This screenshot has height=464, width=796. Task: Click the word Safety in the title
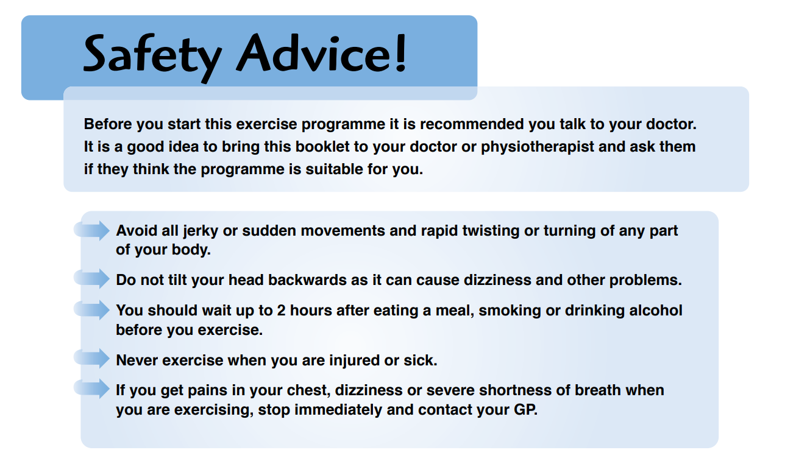152,57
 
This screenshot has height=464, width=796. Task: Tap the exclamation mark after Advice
400,53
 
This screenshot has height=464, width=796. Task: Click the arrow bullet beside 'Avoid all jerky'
91,230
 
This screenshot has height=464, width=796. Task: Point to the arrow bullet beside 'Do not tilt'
91,279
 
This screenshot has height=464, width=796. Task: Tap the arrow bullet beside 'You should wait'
91,309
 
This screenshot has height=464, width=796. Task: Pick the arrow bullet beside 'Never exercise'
91,358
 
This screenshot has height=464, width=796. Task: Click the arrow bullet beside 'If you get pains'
91,388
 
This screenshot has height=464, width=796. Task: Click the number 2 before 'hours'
282,311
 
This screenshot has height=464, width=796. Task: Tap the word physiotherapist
538,147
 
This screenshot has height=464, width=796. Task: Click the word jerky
201,231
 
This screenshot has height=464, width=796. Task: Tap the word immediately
338,410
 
